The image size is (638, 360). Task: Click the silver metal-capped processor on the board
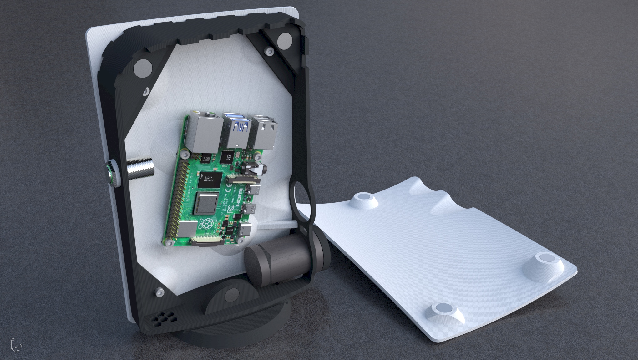coord(205,203)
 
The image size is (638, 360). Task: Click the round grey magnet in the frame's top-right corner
coord(285,41)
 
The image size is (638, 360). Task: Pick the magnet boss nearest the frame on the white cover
coord(364,199)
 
